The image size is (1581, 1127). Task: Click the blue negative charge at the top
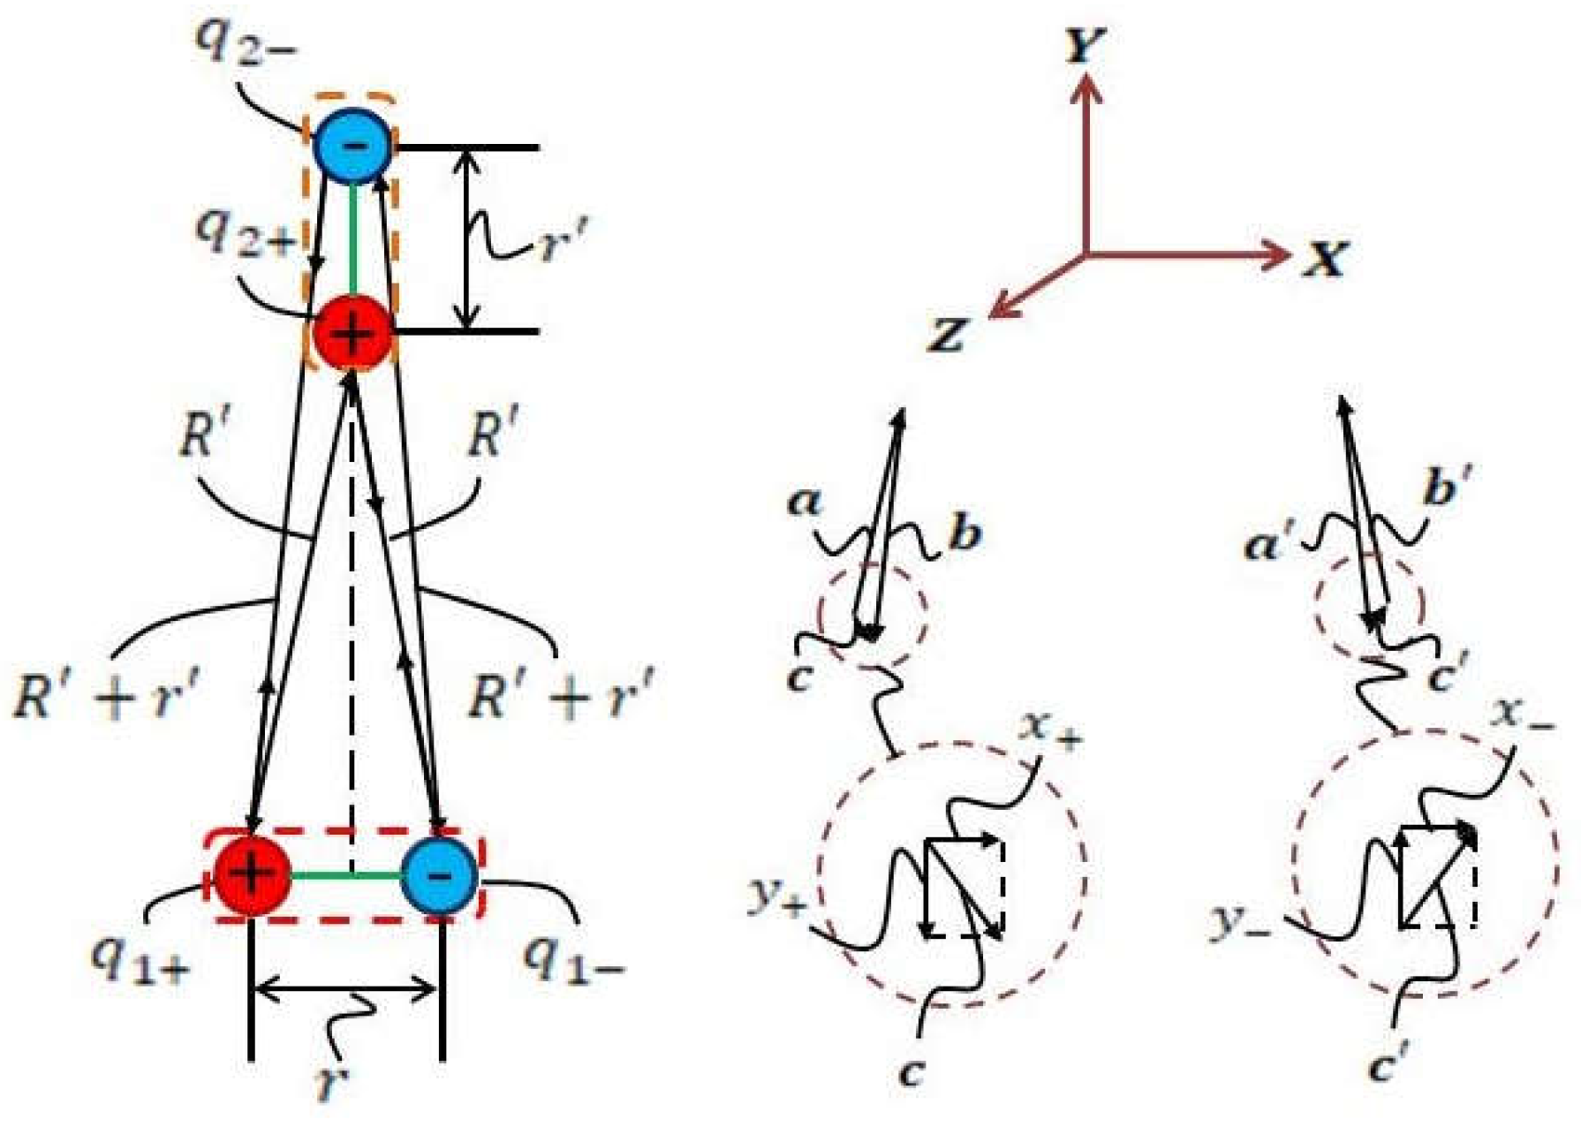pos(352,146)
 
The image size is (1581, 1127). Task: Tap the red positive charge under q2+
pos(352,333)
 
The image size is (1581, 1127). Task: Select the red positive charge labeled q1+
pos(252,874)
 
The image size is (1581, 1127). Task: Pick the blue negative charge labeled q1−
pos(440,874)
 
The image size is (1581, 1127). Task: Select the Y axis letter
pos(1085,44)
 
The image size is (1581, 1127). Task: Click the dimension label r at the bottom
pos(331,1082)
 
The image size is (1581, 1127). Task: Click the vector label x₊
pos(1048,730)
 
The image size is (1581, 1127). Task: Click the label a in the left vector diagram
pos(804,503)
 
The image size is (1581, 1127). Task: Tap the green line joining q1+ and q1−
pos(345,875)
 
